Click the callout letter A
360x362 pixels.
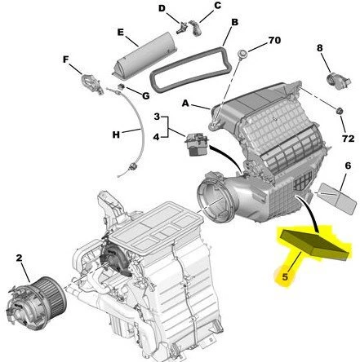(187, 104)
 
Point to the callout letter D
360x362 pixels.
(162, 9)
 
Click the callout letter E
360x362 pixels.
(121, 34)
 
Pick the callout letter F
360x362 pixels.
(65, 60)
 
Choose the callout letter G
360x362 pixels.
(145, 95)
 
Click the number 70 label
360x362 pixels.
(273, 39)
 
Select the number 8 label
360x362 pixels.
(320, 48)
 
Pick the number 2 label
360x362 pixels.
(18, 258)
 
